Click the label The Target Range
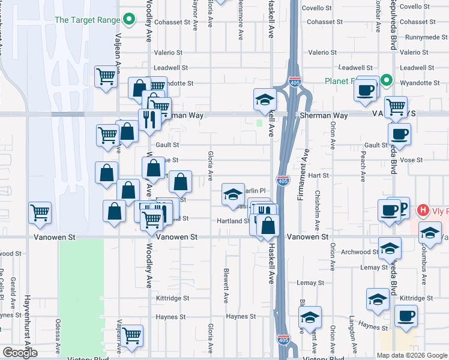(x=87, y=20)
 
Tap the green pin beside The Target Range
(x=128, y=20)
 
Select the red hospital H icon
(x=423, y=210)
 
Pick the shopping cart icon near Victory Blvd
(x=131, y=336)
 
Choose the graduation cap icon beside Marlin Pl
(x=233, y=194)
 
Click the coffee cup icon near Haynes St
(x=406, y=316)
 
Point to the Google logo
(x=19, y=353)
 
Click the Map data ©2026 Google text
(x=411, y=355)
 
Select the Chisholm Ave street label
(x=317, y=213)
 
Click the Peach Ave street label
(x=363, y=165)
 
